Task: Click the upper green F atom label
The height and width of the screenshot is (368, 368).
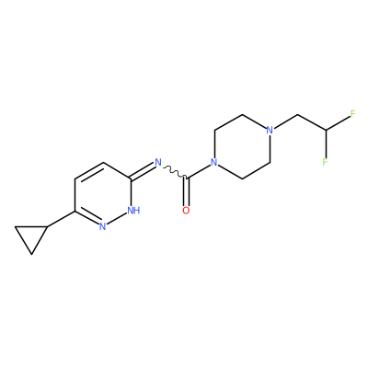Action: pyautogui.click(x=352, y=114)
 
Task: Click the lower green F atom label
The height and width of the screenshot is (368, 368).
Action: pyautogui.click(x=325, y=162)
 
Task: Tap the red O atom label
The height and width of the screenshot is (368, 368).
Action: pyautogui.click(x=186, y=211)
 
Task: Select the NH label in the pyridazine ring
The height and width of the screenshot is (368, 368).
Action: pyautogui.click(x=133, y=211)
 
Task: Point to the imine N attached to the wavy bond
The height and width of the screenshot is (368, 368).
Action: pyautogui.click(x=158, y=162)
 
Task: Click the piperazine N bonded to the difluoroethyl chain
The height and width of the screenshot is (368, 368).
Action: pyautogui.click(x=270, y=130)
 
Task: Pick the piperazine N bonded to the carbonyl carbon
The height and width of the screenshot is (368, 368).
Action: pyautogui.click(x=214, y=162)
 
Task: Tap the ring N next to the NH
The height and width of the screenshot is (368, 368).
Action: pyautogui.click(x=103, y=226)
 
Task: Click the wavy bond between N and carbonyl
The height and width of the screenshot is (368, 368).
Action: pyautogui.click(x=175, y=172)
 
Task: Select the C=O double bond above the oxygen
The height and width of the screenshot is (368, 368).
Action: pyautogui.click(x=186, y=191)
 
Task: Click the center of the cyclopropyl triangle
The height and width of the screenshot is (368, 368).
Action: pyautogui.click(x=31, y=237)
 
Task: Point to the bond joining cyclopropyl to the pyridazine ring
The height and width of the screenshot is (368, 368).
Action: pyautogui.click(x=61, y=219)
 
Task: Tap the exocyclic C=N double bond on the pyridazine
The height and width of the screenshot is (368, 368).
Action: pyautogui.click(x=142, y=171)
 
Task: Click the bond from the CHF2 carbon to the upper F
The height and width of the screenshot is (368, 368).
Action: pyautogui.click(x=338, y=123)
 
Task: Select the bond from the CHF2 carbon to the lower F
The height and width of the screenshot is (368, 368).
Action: pyautogui.click(x=326, y=144)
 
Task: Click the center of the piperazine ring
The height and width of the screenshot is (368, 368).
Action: pyautogui.click(x=242, y=146)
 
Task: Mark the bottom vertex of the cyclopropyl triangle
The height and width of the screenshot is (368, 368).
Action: pyautogui.click(x=31, y=254)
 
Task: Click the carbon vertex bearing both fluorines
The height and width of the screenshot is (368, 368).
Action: pyautogui.click(x=326, y=131)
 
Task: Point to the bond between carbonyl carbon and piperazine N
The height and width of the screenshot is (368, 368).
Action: pyautogui.click(x=199, y=171)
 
